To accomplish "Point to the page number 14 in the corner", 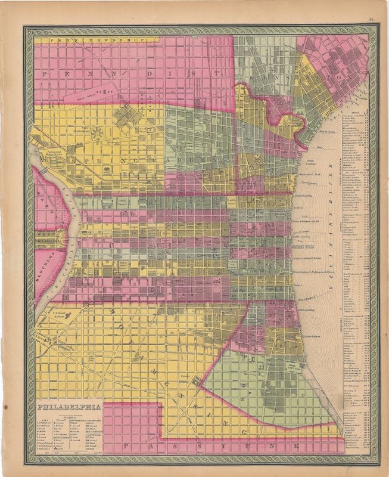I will tap(371, 21).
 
